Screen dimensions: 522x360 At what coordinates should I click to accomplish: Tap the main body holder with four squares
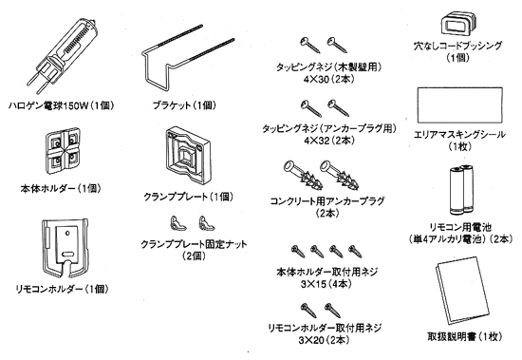coord(63,150)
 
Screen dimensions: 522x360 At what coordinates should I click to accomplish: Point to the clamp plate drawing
coord(188,156)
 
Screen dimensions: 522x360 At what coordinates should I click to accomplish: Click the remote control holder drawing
coord(65,248)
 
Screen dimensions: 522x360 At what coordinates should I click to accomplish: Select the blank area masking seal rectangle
coord(459,105)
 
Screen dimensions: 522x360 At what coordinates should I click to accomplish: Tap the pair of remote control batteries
coord(461,190)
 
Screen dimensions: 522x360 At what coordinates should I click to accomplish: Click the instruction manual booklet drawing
coord(462,291)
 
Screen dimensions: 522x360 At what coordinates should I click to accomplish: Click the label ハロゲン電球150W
coord(48,106)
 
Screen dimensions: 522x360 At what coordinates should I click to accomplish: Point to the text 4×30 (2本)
coord(328,80)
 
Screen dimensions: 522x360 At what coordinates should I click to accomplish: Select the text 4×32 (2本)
coord(329,141)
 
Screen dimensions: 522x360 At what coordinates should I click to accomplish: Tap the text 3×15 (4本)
coord(326,284)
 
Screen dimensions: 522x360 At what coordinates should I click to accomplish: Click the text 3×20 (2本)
coord(324,340)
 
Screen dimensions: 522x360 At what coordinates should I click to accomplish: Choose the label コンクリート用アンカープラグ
coord(327,201)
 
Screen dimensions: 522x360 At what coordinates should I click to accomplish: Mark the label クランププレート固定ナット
coord(194,244)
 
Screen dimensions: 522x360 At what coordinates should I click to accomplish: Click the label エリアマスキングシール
coord(459,134)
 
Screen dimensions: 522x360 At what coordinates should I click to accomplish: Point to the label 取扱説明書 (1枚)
coord(465,336)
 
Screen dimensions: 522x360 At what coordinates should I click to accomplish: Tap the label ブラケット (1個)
coord(184,105)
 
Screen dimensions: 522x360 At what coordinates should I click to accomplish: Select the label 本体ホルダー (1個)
coord(61,189)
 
